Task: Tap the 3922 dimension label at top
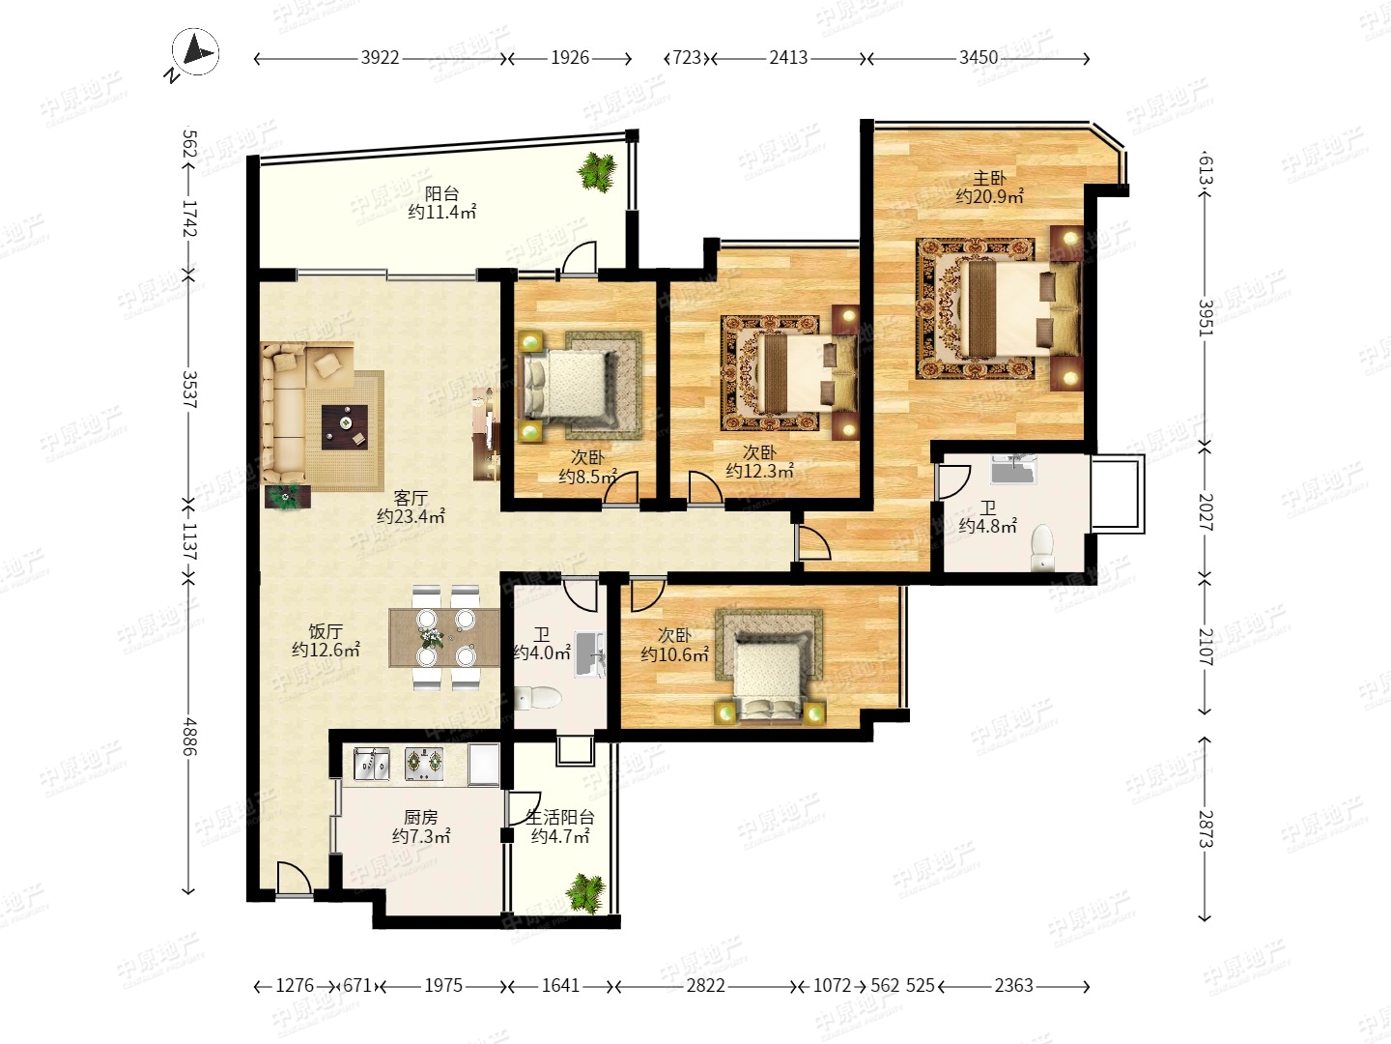[x=381, y=58]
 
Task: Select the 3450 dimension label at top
[x=979, y=58]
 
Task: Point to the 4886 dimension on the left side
[x=189, y=738]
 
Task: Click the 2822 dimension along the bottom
[x=705, y=986]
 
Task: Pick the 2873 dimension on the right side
[x=1206, y=828]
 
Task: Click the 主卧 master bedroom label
[x=989, y=178]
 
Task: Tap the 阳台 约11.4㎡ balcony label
[x=441, y=203]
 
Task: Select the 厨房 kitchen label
[x=421, y=818]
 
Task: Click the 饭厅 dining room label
[x=326, y=631]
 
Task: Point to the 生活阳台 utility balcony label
[x=560, y=818]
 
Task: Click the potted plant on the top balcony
[x=597, y=171]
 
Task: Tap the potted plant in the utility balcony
[x=586, y=893]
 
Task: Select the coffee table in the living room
[x=345, y=427]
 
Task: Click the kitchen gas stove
[x=423, y=764]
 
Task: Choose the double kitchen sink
[x=372, y=764]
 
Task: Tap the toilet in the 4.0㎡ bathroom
[x=538, y=698]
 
